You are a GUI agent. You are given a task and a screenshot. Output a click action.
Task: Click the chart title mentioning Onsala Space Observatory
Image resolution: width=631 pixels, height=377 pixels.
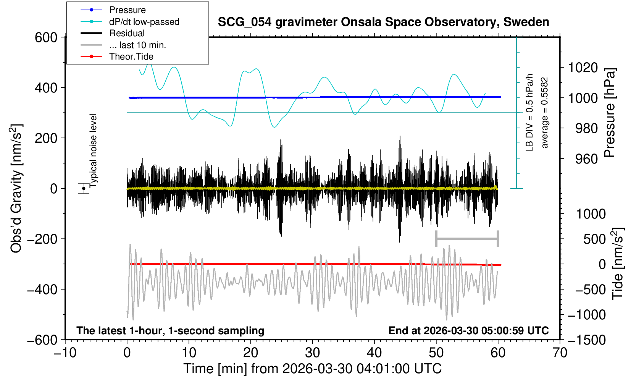pos(383,22)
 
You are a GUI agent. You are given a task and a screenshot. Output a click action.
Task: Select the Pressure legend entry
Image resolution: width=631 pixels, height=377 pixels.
pos(127,10)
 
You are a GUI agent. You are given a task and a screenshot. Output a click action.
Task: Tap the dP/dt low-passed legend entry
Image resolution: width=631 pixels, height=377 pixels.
pos(144,22)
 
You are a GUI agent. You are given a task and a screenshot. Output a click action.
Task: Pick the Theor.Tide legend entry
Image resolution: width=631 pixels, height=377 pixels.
pos(131,57)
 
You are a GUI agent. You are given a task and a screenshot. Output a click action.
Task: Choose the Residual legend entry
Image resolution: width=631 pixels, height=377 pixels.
pos(127,33)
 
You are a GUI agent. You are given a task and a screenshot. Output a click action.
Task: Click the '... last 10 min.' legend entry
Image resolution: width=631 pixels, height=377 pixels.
pos(137,45)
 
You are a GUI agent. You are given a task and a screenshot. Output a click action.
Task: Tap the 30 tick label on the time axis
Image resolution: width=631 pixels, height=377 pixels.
pos(312,353)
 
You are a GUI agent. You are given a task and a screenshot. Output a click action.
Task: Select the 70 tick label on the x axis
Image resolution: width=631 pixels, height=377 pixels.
pos(560,353)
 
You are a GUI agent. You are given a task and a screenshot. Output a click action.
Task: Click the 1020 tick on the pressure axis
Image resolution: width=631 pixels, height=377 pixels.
pos(583,68)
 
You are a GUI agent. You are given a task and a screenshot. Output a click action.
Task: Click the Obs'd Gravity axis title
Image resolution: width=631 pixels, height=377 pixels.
pos(16,188)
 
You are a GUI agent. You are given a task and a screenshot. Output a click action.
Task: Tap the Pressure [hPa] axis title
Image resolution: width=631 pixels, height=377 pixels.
pos(610,113)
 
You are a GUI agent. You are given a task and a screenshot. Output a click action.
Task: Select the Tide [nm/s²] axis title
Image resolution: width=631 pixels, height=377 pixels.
pos(618,264)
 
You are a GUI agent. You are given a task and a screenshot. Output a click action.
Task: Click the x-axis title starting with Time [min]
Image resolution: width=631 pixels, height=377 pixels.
pos(312,369)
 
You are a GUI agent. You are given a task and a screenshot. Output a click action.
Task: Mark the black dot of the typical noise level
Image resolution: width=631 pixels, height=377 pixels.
pos(84,188)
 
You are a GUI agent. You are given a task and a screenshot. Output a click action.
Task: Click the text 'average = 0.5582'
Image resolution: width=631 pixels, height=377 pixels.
pos(545,113)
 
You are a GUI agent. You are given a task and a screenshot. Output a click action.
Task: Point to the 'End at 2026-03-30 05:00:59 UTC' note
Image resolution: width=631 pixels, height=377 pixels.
pos(468,330)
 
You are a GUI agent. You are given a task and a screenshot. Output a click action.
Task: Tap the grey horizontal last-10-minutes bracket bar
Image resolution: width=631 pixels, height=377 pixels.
pos(467,239)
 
